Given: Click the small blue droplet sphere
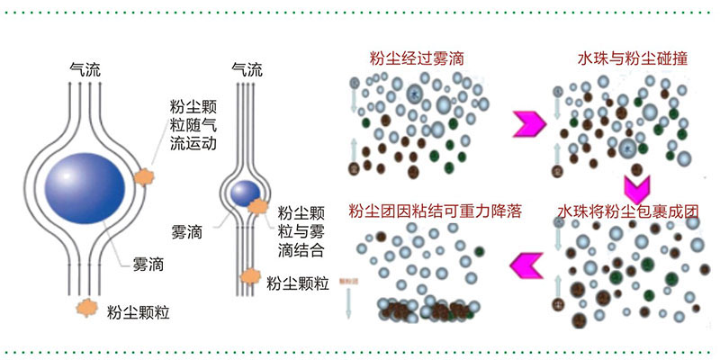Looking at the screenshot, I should [241, 192].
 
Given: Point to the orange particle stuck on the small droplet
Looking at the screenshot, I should [258, 207].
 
